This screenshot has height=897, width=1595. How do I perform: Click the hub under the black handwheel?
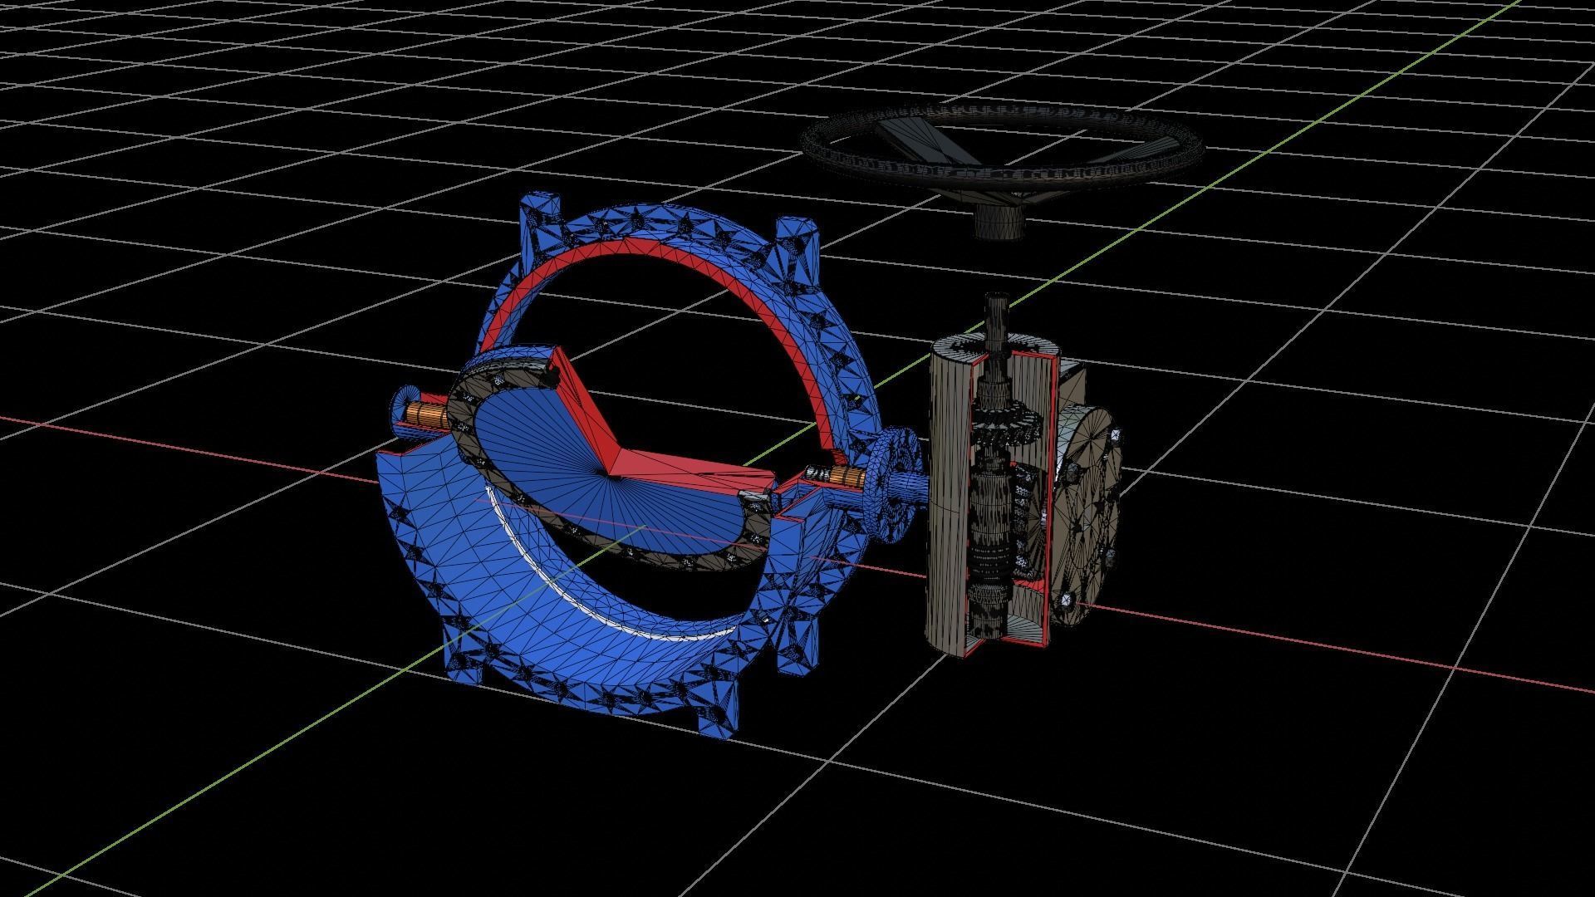point(999,223)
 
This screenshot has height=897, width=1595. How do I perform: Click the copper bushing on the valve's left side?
point(426,413)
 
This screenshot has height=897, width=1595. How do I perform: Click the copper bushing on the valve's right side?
point(846,477)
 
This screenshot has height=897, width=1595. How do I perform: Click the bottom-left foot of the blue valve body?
point(465,664)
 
